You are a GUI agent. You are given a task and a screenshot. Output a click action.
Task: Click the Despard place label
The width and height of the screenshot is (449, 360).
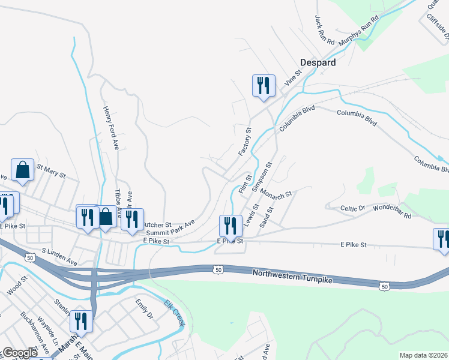[x=318, y=62]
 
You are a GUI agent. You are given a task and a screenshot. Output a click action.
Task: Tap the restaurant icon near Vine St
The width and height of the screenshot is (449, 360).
[x=264, y=85]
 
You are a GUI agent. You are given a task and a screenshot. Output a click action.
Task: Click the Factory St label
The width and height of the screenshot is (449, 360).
[x=245, y=142]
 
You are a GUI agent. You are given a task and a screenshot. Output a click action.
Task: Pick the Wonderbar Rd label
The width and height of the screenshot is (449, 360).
[x=392, y=211]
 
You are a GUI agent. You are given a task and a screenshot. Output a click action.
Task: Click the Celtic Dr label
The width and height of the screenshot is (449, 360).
[x=352, y=208]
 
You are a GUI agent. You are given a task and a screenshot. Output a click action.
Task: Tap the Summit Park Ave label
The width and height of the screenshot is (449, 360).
[x=170, y=228]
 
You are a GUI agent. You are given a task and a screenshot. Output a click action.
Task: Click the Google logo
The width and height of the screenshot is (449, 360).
[x=20, y=353]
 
